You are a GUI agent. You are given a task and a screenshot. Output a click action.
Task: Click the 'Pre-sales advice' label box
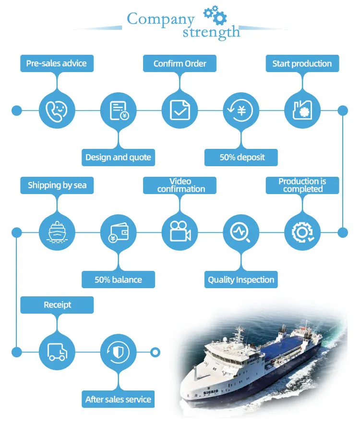pos(57,63)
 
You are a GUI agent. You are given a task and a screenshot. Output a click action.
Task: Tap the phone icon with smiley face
pos(57,110)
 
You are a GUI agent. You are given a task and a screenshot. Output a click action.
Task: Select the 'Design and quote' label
pos(119,158)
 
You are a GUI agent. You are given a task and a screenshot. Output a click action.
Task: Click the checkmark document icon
pos(180,110)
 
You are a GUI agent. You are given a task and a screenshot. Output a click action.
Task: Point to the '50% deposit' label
pos(241,158)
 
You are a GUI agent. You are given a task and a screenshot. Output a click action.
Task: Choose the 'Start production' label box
pos(302,63)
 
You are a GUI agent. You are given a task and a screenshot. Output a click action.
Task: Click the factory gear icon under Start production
pos(302,110)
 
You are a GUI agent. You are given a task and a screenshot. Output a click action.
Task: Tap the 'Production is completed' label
pos(302,185)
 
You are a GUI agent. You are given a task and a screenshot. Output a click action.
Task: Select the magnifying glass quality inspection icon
pos(240,232)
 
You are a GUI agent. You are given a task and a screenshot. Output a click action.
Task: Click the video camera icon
pos(180,232)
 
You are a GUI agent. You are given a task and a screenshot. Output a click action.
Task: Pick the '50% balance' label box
pos(119,280)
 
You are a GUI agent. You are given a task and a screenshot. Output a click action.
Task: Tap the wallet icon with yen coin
pos(119,232)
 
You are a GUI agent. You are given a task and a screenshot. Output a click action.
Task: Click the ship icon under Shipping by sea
pos(57,232)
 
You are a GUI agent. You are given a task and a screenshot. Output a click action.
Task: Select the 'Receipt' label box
pos(57,305)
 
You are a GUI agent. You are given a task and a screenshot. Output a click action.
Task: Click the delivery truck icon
pos(57,352)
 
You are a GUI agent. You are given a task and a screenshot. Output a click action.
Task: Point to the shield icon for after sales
pos(119,353)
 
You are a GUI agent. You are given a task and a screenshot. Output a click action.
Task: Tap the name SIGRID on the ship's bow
pos(211,392)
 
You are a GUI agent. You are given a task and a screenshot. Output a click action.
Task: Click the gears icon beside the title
pos(215,15)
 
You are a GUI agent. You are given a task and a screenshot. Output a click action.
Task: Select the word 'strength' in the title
pos(211,33)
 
